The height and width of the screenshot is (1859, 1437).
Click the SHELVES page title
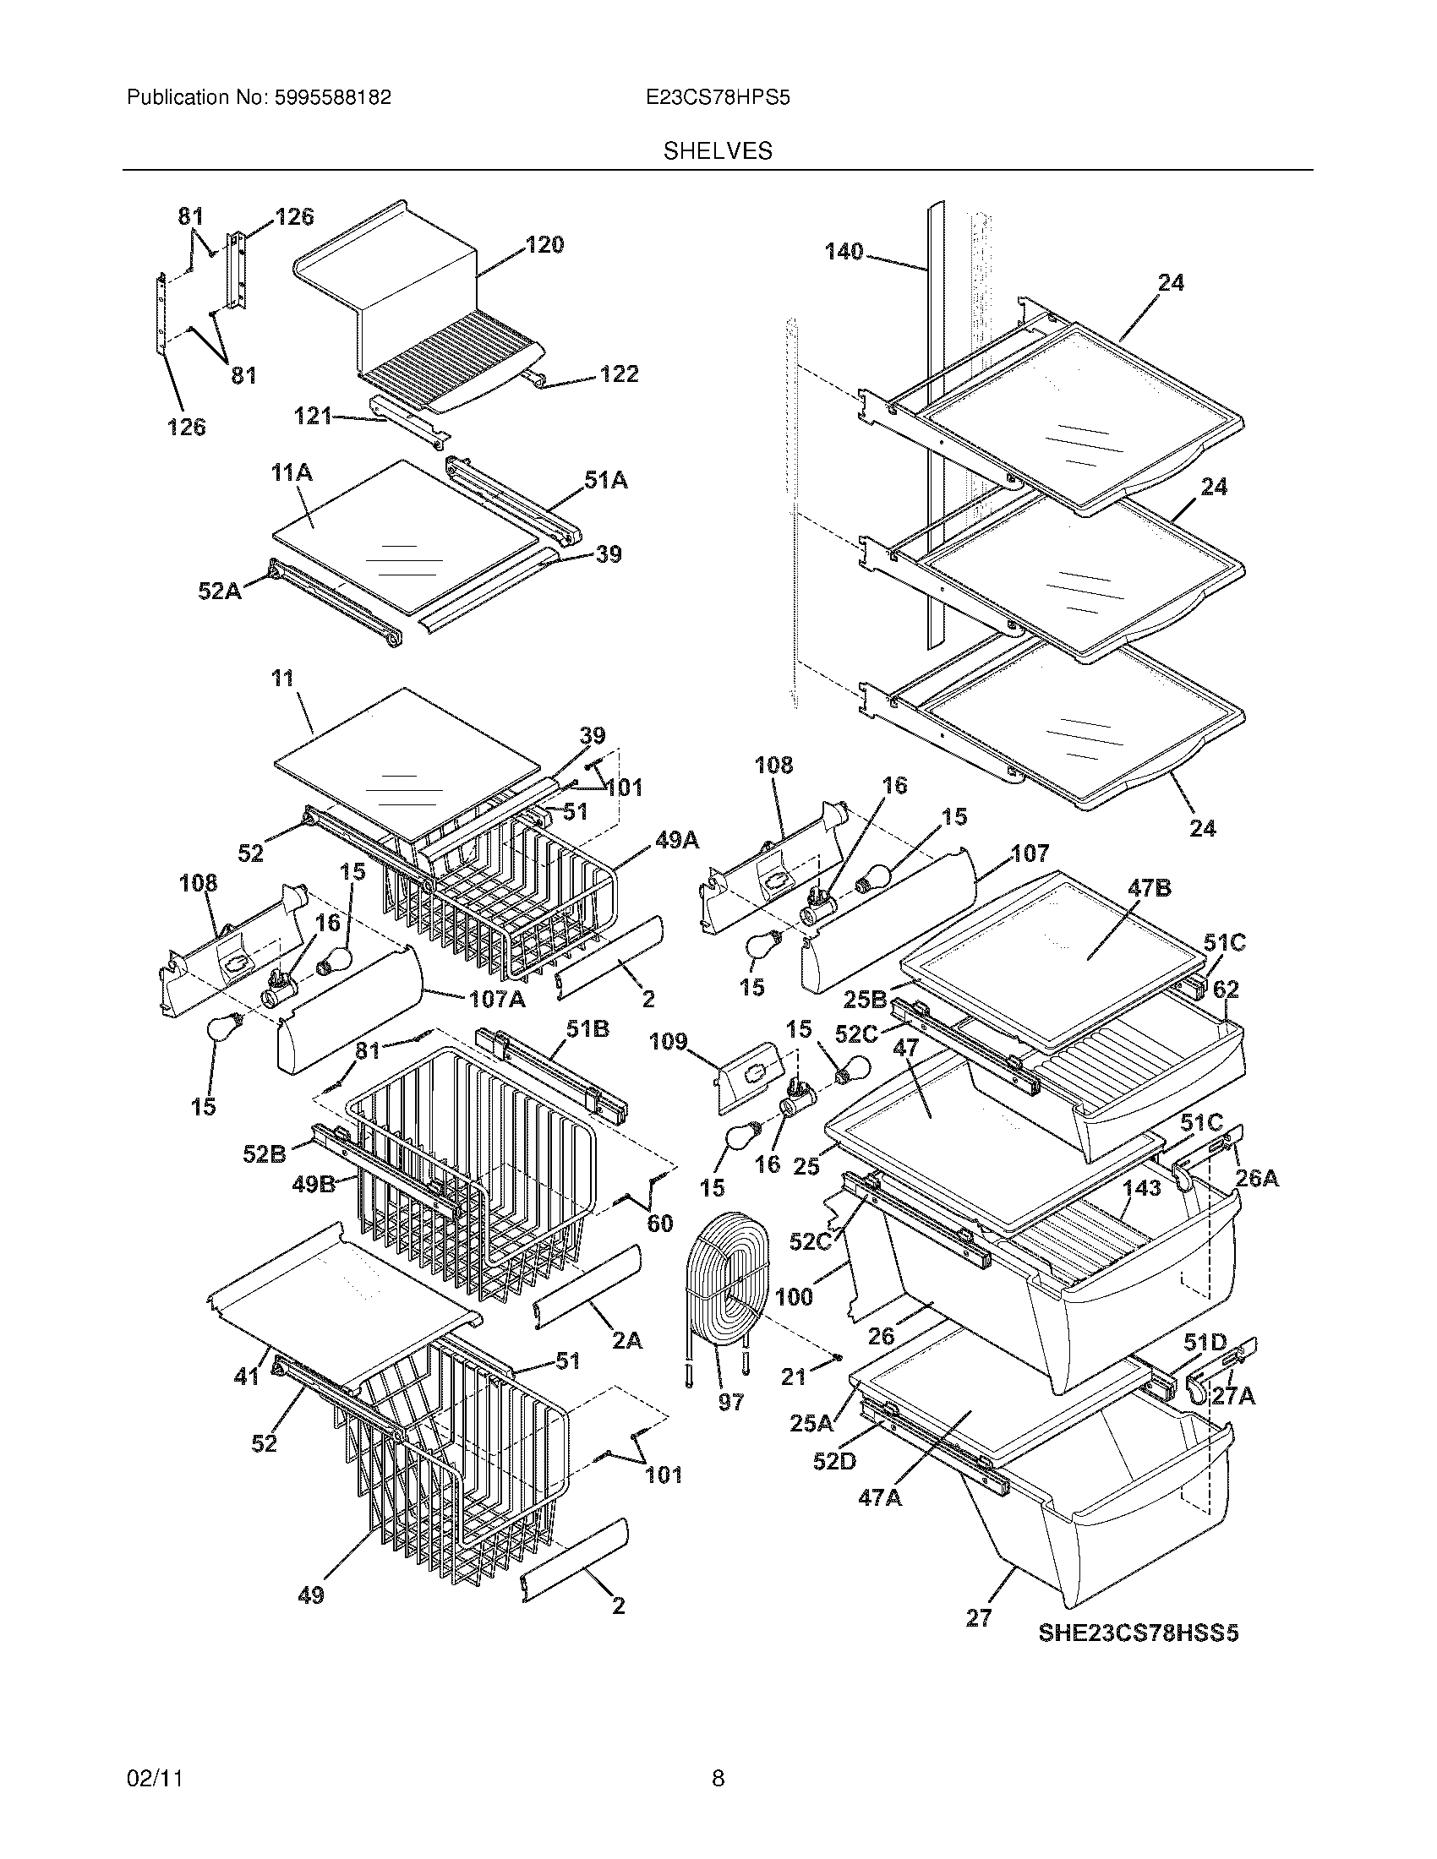coord(718,151)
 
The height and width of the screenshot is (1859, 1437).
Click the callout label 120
coord(544,245)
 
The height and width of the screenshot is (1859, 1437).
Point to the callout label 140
coord(844,251)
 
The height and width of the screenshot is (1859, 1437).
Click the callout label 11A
coord(292,473)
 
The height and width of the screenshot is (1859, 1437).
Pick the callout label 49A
coord(677,841)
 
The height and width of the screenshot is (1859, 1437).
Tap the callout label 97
coord(730,1402)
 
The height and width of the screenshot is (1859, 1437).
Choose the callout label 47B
coord(1149,889)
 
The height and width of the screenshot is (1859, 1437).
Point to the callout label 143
coord(1141,1188)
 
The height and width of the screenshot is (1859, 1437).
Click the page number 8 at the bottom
coord(718,1778)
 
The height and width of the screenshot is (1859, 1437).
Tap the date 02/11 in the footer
coord(155,1778)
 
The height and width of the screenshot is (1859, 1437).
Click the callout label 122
coord(619,374)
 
